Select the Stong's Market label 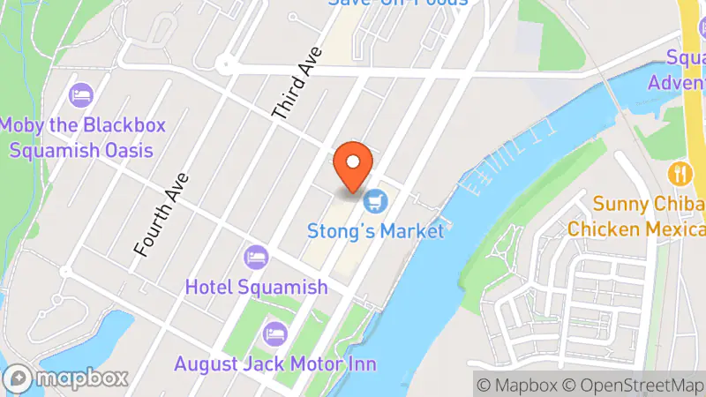375,232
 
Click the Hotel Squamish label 256,287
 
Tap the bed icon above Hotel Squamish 256,258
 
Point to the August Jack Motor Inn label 274,363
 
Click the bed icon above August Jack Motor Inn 274,334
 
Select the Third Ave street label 295,85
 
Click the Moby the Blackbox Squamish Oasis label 83,138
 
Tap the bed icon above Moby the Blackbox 82,94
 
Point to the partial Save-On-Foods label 396,4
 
